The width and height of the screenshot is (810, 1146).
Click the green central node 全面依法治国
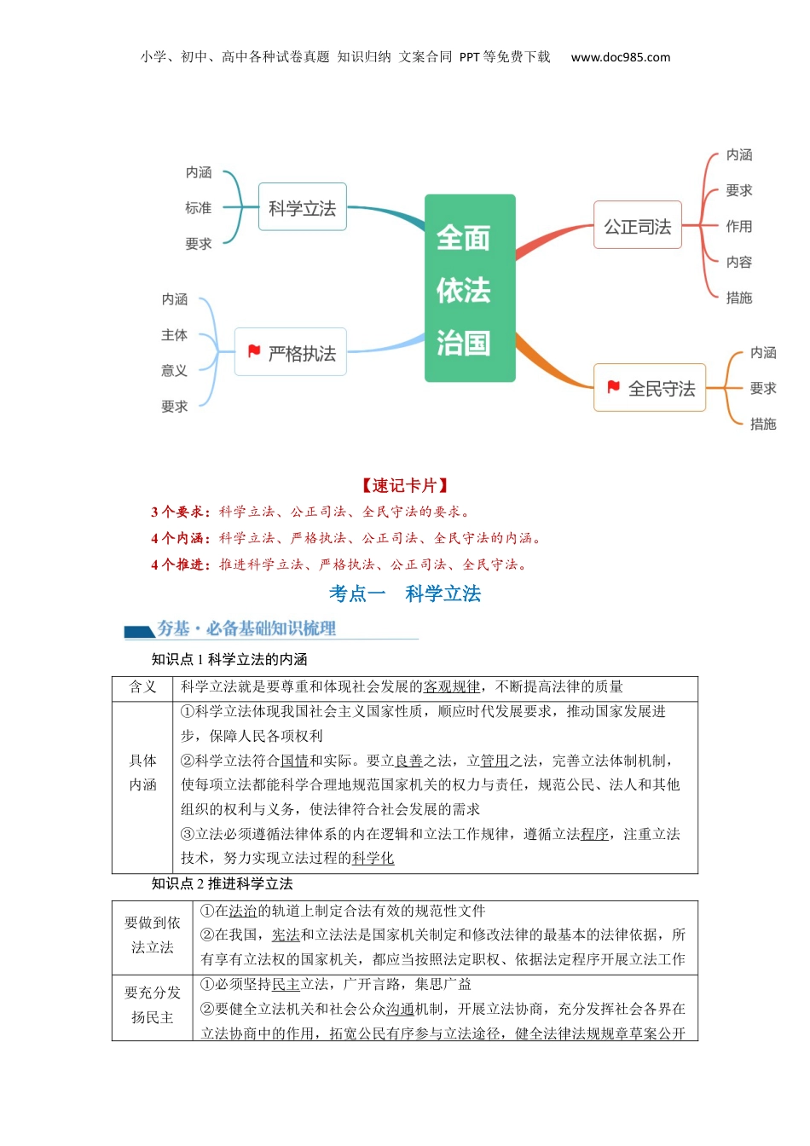coord(470,288)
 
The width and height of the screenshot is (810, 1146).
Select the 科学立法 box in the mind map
coord(303,207)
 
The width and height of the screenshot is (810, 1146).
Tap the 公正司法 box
coord(637,226)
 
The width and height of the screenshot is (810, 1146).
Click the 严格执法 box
coord(291,352)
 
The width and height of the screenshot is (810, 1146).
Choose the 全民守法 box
coord(650,388)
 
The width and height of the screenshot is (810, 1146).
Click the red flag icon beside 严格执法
coord(254,351)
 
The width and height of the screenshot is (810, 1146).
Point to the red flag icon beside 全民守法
coord(613,387)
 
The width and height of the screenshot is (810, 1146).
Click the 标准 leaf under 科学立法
coord(198,208)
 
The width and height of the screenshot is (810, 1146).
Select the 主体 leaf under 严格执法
coord(174,335)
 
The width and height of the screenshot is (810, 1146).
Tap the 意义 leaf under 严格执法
coord(174,370)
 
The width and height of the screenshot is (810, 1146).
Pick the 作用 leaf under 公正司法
coord(738,226)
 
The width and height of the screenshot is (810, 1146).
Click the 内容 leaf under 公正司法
coord(738,262)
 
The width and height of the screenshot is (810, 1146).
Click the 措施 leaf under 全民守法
coord(762,424)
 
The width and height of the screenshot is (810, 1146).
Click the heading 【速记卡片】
coord(405,485)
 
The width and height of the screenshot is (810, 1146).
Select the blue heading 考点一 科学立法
coord(405,593)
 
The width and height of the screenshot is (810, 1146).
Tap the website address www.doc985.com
coord(620,57)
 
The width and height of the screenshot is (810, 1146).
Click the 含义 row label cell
coord(142,687)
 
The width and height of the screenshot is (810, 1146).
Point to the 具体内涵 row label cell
coord(142,773)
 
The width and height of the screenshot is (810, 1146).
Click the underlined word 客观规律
coord(452,687)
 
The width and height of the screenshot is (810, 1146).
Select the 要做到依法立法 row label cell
coord(153,935)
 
